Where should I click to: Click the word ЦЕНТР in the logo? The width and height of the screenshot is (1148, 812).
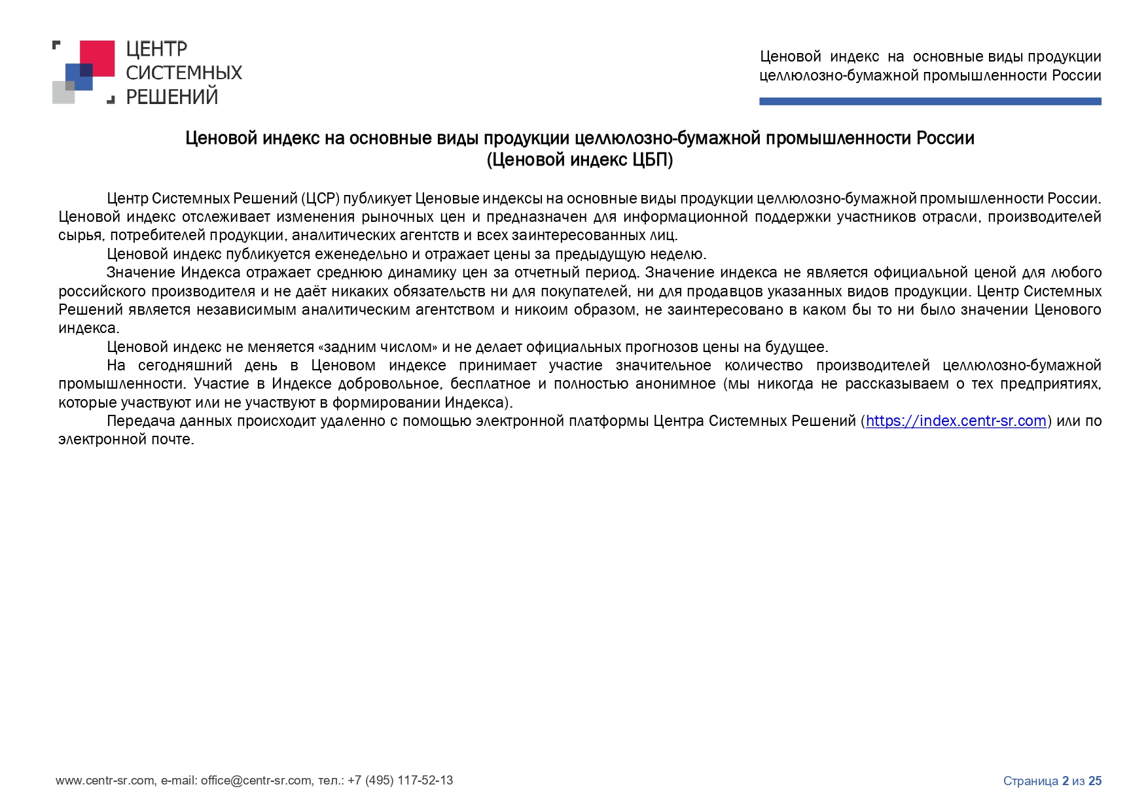156,49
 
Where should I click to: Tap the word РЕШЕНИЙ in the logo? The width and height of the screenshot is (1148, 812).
171,97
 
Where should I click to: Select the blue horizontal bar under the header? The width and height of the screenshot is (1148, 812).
929,101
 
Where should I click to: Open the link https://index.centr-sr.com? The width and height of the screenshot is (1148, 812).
956,421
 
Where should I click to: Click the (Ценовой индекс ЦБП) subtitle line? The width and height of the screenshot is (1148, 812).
579,160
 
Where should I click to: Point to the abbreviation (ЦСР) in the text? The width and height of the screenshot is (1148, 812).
320,198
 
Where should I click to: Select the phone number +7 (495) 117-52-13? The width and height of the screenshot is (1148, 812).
400,780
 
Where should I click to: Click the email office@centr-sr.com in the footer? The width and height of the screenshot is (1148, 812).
256,780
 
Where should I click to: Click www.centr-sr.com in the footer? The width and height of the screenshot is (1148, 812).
105,780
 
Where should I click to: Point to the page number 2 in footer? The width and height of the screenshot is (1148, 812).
1065,781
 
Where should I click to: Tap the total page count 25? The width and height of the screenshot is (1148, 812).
1095,781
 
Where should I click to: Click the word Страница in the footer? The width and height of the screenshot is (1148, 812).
1030,781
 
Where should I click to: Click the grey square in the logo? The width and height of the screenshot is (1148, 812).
63,93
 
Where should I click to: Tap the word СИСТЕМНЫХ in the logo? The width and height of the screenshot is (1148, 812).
184,73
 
